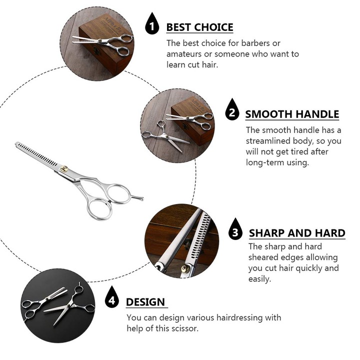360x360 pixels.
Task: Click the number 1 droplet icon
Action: (x=152, y=24)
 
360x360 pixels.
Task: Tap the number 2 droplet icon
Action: (x=232, y=109)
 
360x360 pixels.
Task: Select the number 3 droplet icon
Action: (x=235, y=229)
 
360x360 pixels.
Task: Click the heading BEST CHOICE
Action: (x=199, y=27)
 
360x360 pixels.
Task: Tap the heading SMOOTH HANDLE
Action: (x=292, y=114)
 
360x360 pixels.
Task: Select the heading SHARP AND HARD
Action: (x=297, y=233)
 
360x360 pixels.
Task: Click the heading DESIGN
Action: (x=145, y=302)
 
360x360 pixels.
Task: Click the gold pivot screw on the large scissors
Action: (x=64, y=169)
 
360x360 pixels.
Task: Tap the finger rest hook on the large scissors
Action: (x=137, y=197)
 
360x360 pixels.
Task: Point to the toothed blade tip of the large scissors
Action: (x=16, y=143)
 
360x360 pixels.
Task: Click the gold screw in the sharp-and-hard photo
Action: (x=185, y=268)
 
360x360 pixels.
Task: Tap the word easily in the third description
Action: (x=259, y=279)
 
